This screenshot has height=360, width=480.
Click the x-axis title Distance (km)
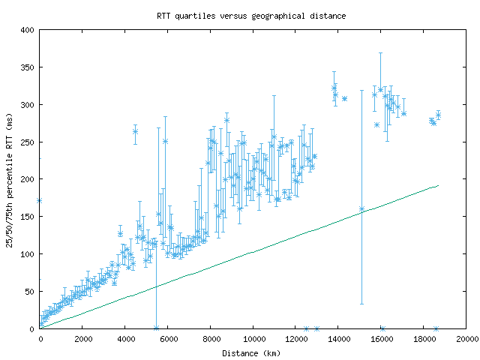pos(251,352)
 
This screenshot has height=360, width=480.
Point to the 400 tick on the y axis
pos(28,30)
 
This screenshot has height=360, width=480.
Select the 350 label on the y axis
pos(28,67)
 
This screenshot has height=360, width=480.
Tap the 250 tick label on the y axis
pos(28,142)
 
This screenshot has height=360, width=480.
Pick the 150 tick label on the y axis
pos(28,217)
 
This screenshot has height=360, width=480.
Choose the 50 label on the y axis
pos(30,292)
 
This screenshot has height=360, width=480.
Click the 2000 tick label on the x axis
pos(82,339)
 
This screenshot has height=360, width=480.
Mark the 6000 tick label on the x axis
pos(168,339)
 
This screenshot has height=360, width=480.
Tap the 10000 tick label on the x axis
pos(253,339)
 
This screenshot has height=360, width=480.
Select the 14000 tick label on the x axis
pos(339,339)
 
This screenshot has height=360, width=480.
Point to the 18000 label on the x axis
pos(424,339)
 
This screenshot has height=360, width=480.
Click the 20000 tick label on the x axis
pos(466,339)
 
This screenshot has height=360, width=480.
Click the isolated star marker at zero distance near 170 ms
pos(39,200)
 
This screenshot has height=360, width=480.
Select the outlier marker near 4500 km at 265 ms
pos(136,131)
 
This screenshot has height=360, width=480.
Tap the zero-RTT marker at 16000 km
pos(382,328)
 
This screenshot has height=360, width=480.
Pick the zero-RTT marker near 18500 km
pos(436,328)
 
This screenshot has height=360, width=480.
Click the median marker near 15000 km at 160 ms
pos(361,209)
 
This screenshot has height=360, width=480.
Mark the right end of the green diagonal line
pos(438,185)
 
